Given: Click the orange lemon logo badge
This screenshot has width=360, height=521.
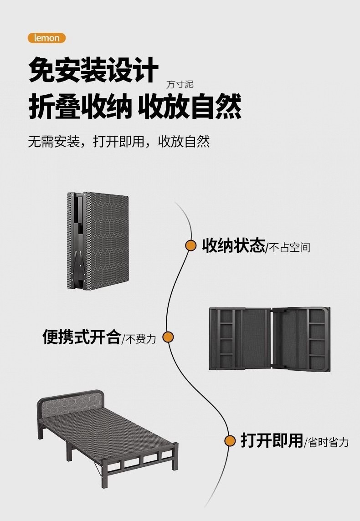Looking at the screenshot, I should tap(46, 38).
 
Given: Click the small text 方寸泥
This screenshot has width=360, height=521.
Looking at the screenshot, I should tap(180, 85).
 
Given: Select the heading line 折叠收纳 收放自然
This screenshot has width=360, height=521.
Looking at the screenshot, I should tap(135, 107).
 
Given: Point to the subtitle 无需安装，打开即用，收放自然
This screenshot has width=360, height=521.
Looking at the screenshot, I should tap(119, 141).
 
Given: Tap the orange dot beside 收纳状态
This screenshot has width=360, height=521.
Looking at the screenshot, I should tap(190, 245).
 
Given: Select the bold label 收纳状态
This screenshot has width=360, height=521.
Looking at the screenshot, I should tap(233, 246).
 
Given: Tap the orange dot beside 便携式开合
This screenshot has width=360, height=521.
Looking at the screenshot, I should tap(168, 337).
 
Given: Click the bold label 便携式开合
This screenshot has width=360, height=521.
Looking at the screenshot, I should tap(82, 337).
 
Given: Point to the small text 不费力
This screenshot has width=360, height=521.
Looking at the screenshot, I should tap(141, 339).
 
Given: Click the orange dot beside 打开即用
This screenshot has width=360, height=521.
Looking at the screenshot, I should tap(230, 440).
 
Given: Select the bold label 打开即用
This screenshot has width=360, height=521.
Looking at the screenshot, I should tap(272, 440).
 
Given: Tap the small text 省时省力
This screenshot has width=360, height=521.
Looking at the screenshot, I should tap(328, 442).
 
